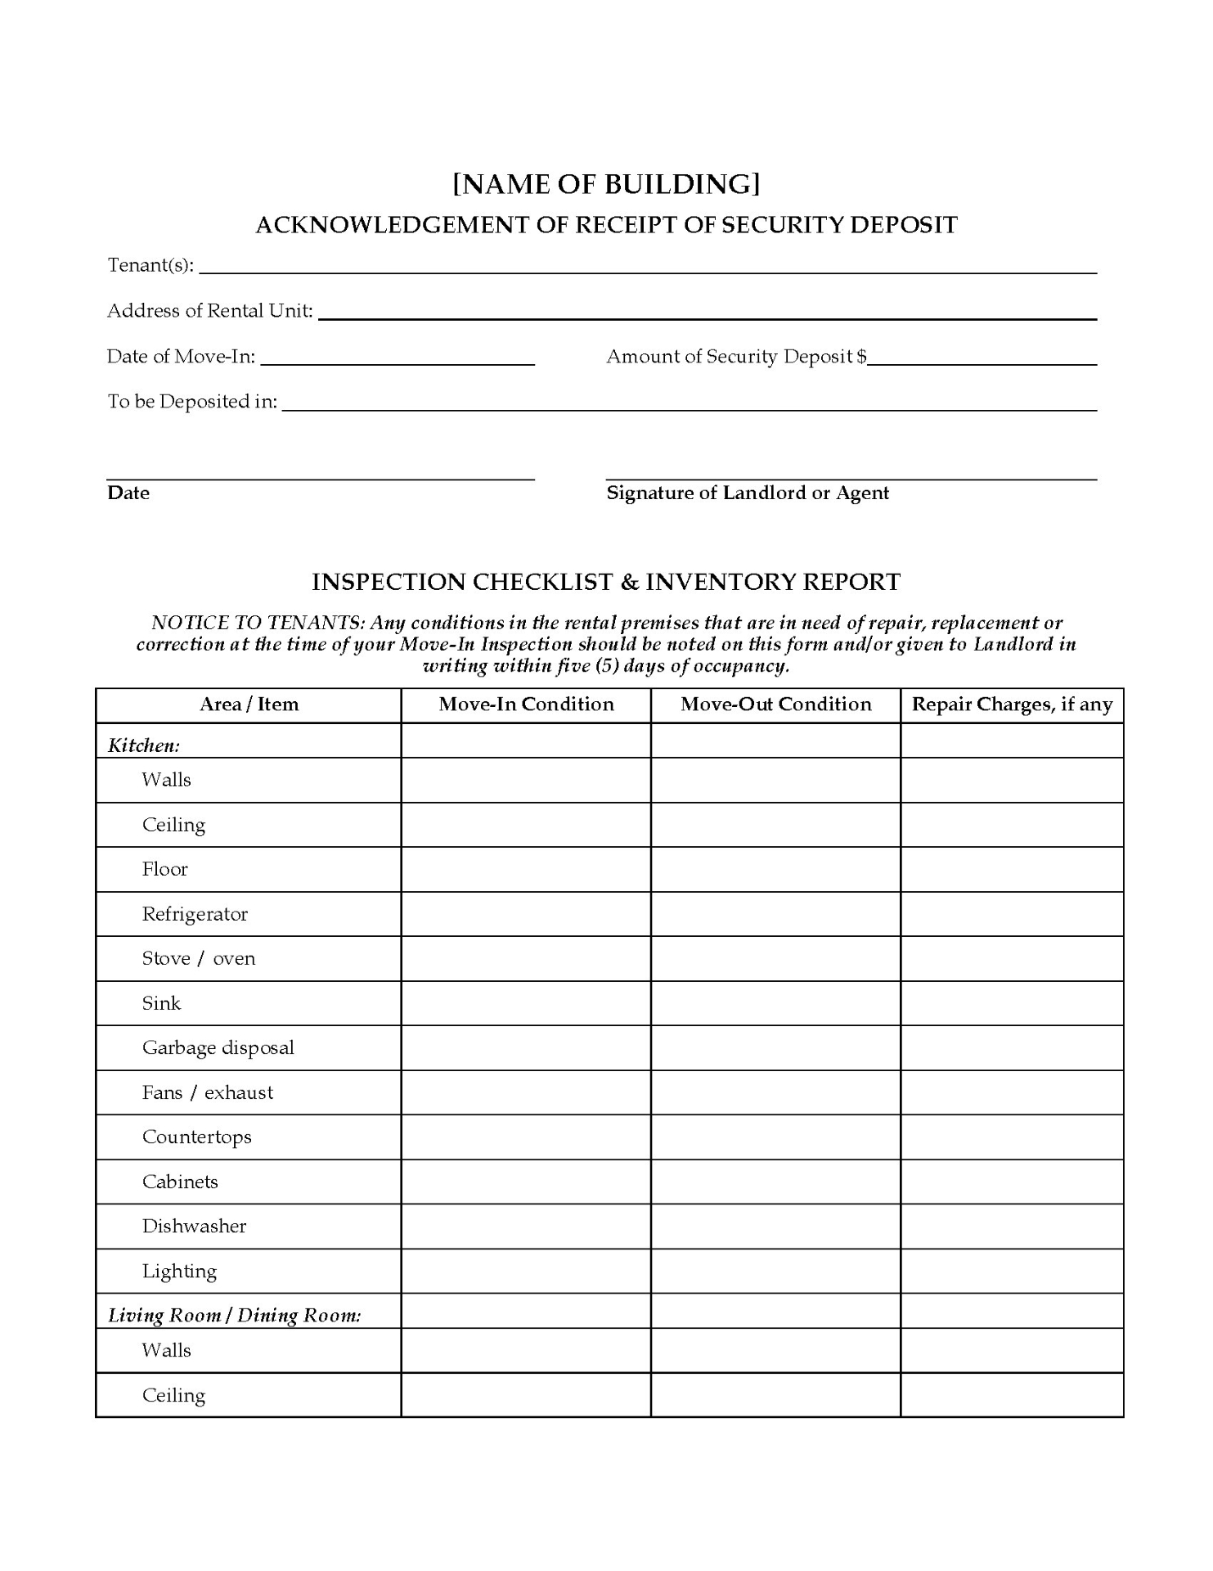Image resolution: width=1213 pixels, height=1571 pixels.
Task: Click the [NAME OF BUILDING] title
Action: coord(606,184)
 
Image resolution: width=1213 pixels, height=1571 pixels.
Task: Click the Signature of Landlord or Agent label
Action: coord(747,493)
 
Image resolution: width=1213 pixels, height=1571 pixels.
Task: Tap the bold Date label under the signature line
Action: coord(128,493)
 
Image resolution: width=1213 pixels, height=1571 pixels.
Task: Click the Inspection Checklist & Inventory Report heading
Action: coord(606,582)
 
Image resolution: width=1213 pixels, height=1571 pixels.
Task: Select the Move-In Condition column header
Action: coord(526,704)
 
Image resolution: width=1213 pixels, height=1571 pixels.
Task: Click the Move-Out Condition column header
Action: coord(775,704)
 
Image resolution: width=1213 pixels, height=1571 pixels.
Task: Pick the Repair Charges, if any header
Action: coord(1012,704)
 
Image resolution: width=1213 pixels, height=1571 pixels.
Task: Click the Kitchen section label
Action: coord(144,745)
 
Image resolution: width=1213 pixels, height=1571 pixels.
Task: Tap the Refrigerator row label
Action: coord(195,914)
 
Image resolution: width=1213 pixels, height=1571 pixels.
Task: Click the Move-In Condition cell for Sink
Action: coord(526,1003)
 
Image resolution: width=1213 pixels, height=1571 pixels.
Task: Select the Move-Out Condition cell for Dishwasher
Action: coord(775,1226)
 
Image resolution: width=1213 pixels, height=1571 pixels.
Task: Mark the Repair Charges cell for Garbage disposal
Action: coord(1012,1047)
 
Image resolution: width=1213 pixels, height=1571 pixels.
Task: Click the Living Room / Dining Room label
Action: coord(235,1315)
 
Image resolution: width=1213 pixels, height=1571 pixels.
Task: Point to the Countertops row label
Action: coord(196,1137)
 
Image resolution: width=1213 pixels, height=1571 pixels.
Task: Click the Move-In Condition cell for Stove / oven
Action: coord(526,958)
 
